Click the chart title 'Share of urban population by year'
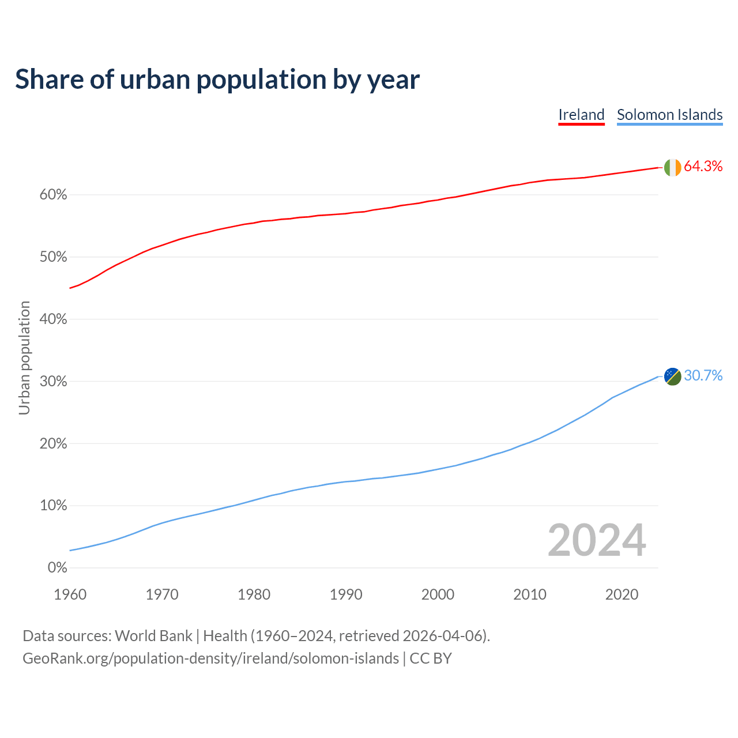pyautogui.click(x=217, y=79)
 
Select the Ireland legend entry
pyautogui.click(x=581, y=115)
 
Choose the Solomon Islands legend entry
pyautogui.click(x=669, y=115)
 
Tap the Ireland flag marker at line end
pyautogui.click(x=672, y=167)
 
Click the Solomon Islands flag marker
pyautogui.click(x=672, y=376)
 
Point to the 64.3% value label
pyautogui.click(x=703, y=167)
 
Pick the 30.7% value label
pyautogui.click(x=703, y=376)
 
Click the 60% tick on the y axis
pyautogui.click(x=53, y=195)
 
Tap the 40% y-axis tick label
pyautogui.click(x=53, y=319)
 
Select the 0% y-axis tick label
pyautogui.click(x=57, y=568)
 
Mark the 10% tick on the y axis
pyautogui.click(x=53, y=506)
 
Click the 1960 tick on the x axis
pyautogui.click(x=70, y=594)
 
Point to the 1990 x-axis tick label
pyautogui.click(x=346, y=594)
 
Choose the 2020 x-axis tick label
pyautogui.click(x=622, y=594)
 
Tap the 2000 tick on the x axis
pyautogui.click(x=438, y=594)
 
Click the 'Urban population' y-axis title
pyautogui.click(x=24, y=357)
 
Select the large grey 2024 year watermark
pyautogui.click(x=596, y=540)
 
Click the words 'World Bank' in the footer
pyautogui.click(x=153, y=636)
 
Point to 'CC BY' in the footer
pyautogui.click(x=431, y=658)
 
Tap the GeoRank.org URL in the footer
pyautogui.click(x=210, y=658)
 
